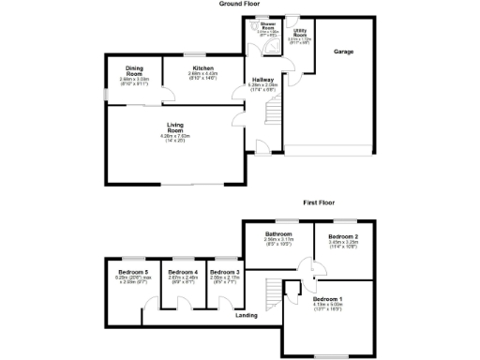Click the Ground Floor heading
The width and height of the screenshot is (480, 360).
pyautogui.click(x=239, y=4)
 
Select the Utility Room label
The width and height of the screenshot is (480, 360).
pyautogui.click(x=300, y=33)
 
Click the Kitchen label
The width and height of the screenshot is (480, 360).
pyautogui.click(x=203, y=68)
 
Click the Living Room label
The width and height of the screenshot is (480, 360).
pyautogui.click(x=174, y=127)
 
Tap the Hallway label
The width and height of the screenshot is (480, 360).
pyautogui.click(x=262, y=80)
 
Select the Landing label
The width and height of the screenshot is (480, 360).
pyautogui.click(x=247, y=315)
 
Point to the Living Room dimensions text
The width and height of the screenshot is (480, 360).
pyautogui.click(x=174, y=138)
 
